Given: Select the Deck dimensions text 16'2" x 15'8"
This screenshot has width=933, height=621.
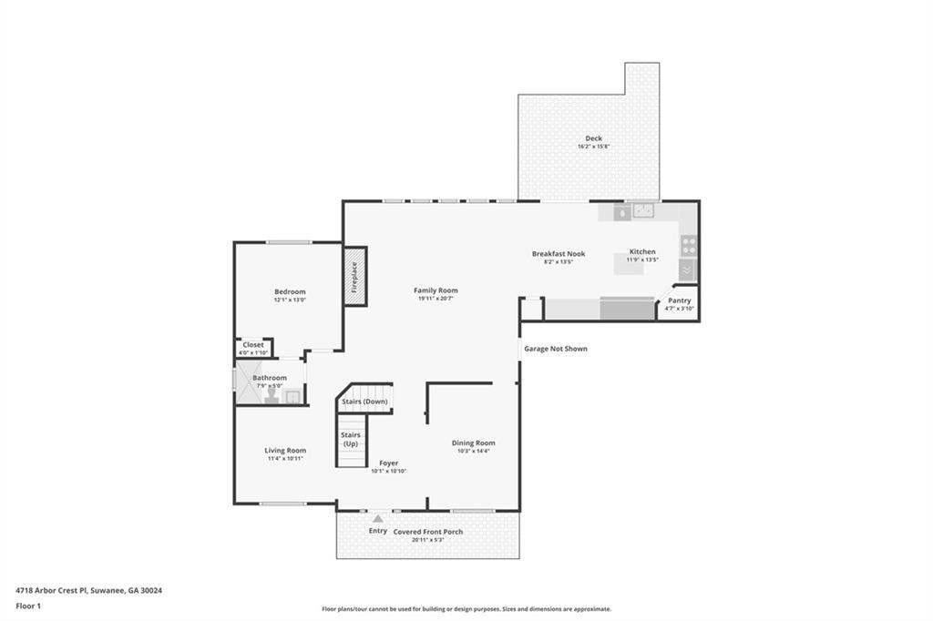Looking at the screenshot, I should [x=593, y=147].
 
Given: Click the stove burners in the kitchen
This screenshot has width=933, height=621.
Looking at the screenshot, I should [x=689, y=245].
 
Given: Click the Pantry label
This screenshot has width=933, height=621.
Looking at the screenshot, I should [x=680, y=300].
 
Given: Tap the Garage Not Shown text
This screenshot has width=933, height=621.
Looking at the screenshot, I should [x=555, y=349].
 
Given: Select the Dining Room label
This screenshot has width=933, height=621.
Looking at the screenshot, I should [x=473, y=443].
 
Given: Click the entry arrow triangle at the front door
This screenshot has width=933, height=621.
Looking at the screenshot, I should [x=377, y=518].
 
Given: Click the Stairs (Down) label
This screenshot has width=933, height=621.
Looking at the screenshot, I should [x=364, y=402].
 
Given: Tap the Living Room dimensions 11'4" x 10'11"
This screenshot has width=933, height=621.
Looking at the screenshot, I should [x=285, y=458].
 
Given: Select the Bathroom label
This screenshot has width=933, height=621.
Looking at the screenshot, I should [x=270, y=378].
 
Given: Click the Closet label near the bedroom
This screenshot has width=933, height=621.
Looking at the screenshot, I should [x=253, y=345].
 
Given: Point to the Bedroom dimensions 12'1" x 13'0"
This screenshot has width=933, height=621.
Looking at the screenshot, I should [x=290, y=300].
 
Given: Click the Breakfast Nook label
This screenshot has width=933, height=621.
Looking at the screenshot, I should [x=559, y=254].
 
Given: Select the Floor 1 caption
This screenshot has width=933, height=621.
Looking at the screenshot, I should [x=29, y=606].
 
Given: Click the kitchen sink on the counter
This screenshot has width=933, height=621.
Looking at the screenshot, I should [x=645, y=211].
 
